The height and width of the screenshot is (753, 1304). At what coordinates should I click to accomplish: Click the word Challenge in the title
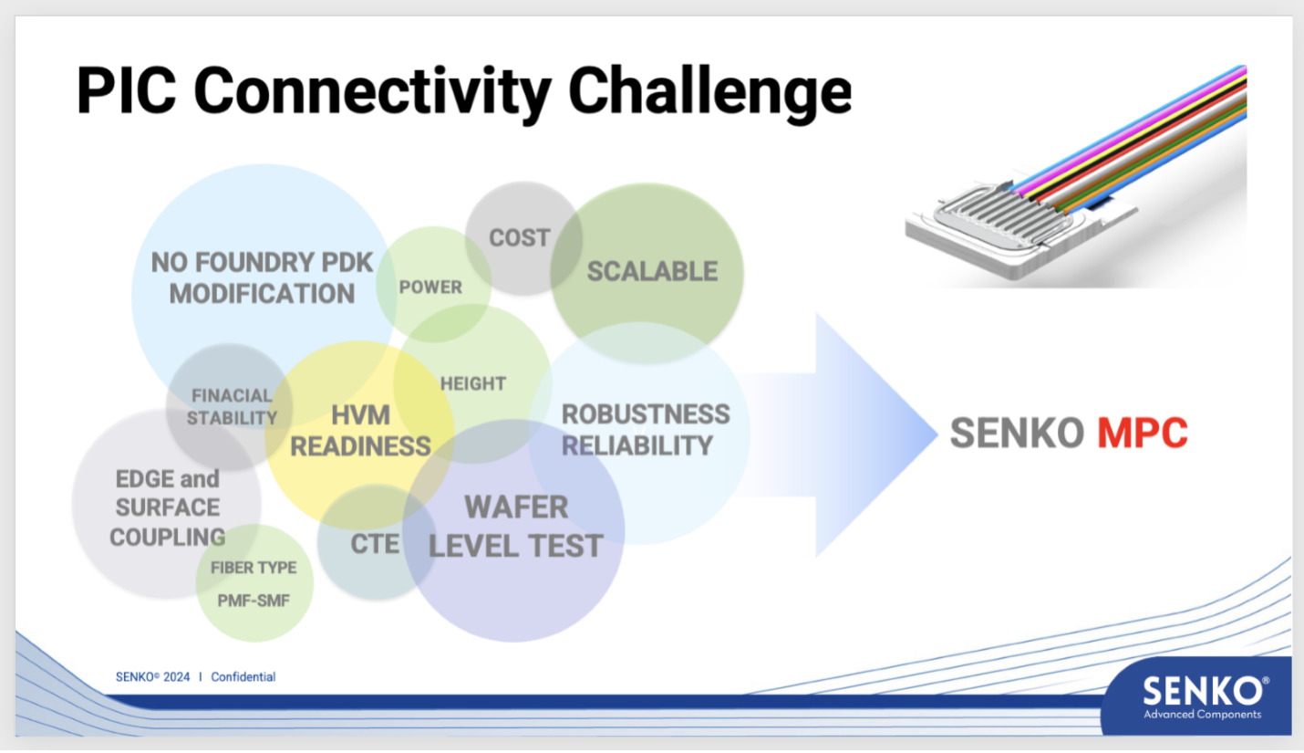coord(709,93)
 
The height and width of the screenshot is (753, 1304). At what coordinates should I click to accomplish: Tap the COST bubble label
coord(520,238)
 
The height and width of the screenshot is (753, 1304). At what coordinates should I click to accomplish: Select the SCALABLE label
coord(652,272)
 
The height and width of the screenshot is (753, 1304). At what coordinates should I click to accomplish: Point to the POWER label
coord(430,288)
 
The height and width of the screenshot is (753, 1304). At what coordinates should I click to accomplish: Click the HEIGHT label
coord(472,383)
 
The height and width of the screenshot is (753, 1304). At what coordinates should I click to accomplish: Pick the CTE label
coord(375,544)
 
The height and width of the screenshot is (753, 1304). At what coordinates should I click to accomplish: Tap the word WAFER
coord(516,507)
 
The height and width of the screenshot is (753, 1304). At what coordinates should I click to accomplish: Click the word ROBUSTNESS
coord(646,414)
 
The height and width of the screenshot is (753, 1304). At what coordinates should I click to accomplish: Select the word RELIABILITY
coord(637,445)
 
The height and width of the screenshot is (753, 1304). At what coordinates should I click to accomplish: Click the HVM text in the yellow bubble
coord(360,415)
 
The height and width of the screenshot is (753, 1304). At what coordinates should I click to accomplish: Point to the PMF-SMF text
coord(254,601)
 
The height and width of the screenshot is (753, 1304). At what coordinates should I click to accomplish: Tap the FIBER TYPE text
coord(254,568)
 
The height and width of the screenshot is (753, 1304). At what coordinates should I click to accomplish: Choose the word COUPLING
coord(168,538)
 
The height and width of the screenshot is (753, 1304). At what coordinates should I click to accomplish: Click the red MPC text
coord(1143,433)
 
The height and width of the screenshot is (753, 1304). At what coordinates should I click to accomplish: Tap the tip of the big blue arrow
coord(937,434)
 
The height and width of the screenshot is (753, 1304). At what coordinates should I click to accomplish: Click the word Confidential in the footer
coord(243,676)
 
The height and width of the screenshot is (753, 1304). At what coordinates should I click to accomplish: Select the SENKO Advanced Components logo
coord(1202,696)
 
